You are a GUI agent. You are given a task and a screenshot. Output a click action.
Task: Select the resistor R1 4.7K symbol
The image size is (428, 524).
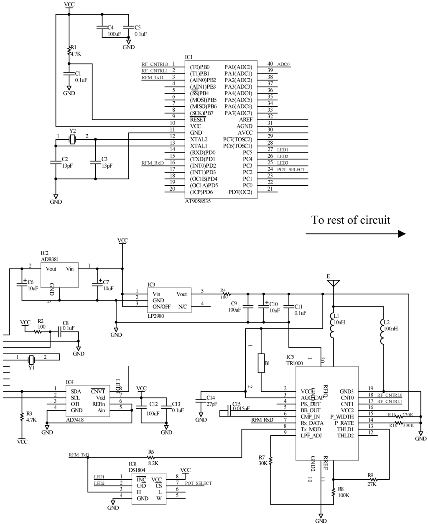pyautogui.click(x=69, y=51)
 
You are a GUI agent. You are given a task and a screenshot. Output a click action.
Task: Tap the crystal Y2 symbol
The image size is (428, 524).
pyautogui.click(x=73, y=139)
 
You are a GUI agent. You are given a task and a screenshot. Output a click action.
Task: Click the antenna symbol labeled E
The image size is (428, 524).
pyautogui.click(x=333, y=283)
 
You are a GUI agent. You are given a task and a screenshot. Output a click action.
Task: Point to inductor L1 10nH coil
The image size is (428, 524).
pyautogui.click(x=333, y=326)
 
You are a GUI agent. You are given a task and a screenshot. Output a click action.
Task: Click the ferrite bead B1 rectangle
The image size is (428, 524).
pyautogui.click(x=261, y=363)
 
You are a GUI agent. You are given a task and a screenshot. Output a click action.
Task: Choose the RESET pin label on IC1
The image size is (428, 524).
pyautogui.click(x=198, y=119)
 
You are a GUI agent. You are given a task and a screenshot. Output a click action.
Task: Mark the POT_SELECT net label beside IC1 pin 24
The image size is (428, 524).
pyautogui.click(x=291, y=169)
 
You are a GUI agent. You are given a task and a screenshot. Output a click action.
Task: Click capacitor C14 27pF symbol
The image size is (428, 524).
pyautogui.click(x=201, y=401)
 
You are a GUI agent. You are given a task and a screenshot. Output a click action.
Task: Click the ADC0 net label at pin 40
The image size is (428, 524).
pyautogui.click(x=283, y=65)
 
